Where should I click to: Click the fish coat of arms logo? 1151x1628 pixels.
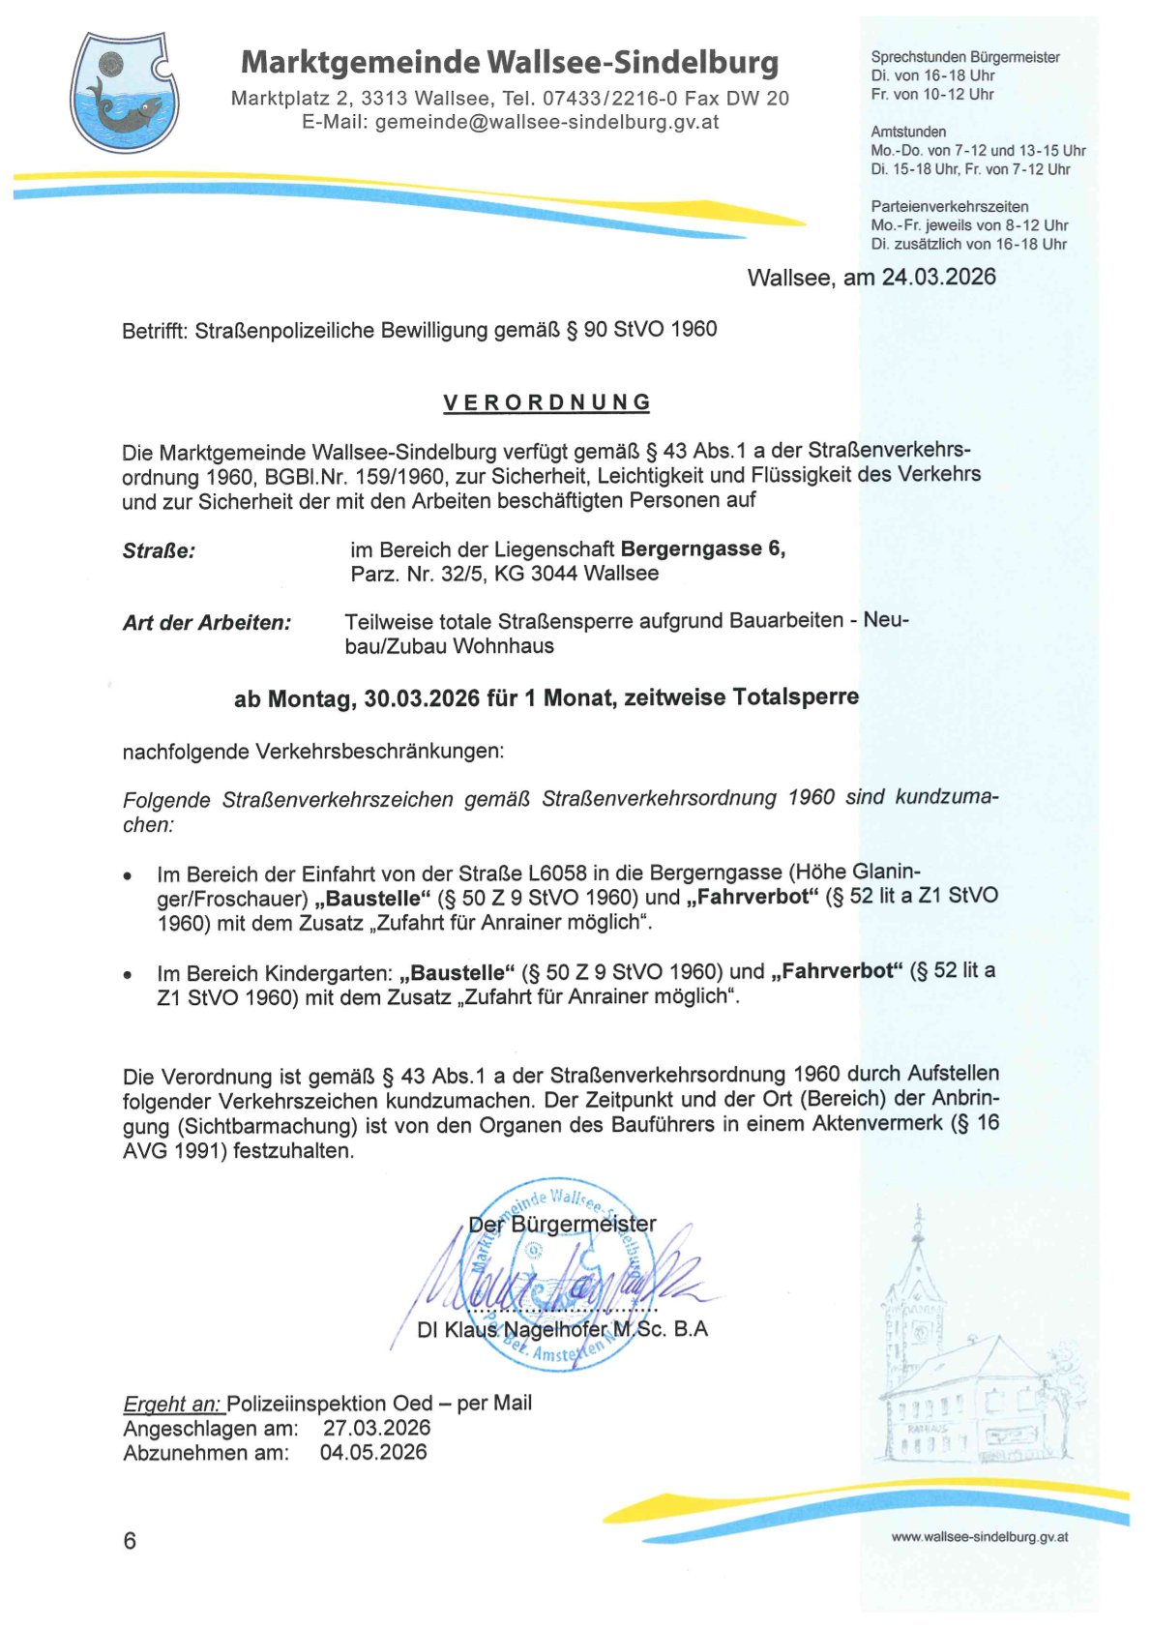pyautogui.click(x=124, y=93)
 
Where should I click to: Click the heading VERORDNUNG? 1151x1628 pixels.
pyautogui.click(x=546, y=402)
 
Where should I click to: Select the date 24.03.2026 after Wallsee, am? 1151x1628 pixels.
pyautogui.click(x=938, y=277)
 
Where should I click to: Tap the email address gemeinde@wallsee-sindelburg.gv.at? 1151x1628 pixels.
pyautogui.click(x=546, y=122)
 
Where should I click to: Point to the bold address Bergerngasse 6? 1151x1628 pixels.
pyautogui.click(x=702, y=548)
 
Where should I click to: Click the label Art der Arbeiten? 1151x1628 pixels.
pyautogui.click(x=207, y=623)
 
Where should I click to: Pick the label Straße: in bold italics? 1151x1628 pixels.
pyautogui.click(x=159, y=551)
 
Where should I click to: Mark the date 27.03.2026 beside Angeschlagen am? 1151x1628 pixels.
pyautogui.click(x=376, y=1428)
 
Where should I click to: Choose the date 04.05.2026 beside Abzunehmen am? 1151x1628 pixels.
pyautogui.click(x=373, y=1452)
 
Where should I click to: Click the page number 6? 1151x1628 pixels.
pyautogui.click(x=130, y=1541)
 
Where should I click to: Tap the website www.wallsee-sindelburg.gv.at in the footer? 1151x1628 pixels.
pyautogui.click(x=979, y=1537)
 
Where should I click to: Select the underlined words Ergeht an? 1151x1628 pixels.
pyautogui.click(x=172, y=1404)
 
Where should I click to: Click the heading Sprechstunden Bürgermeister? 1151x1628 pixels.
pyautogui.click(x=964, y=57)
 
